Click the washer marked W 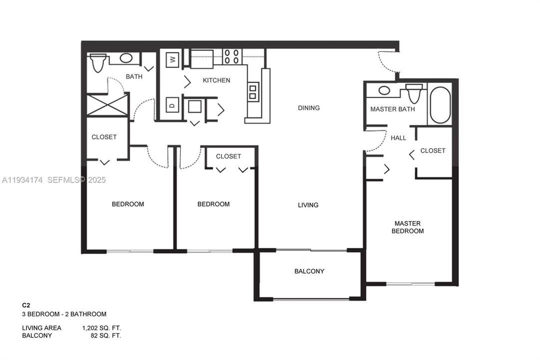tap(173, 59)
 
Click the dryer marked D tap(172, 105)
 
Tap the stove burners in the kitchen tap(232, 56)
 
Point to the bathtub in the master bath tap(440, 105)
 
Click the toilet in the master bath tap(414, 93)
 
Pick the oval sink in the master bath tap(385, 90)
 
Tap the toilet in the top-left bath tap(97, 62)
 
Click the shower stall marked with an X tap(106, 105)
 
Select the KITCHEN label tap(216, 80)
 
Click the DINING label tap(309, 108)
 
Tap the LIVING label tap(308, 205)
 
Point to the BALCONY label tap(309, 271)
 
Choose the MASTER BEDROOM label tap(408, 227)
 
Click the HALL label tap(398, 138)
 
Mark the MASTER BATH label tap(392, 109)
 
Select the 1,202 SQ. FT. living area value tap(101, 328)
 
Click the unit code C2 tap(26, 304)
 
